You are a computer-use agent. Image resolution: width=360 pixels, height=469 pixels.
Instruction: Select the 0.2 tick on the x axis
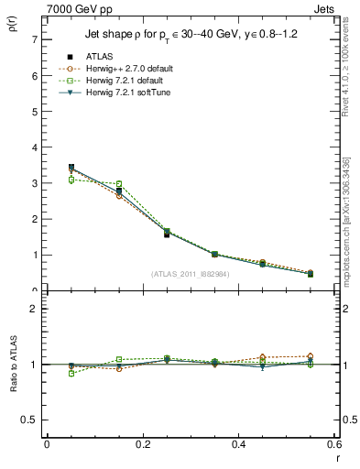pos(142,443)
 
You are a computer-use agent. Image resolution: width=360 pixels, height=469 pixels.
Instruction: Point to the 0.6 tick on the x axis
pos(334,443)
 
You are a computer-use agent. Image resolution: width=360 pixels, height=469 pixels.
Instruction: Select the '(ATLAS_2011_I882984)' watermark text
pos(191,273)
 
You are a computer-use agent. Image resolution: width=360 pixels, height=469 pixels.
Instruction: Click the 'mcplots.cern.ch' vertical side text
pos(348,234)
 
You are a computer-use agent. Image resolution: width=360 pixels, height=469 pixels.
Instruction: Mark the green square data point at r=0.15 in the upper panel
pos(119,184)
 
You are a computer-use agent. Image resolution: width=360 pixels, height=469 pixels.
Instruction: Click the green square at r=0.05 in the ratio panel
pos(71,374)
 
